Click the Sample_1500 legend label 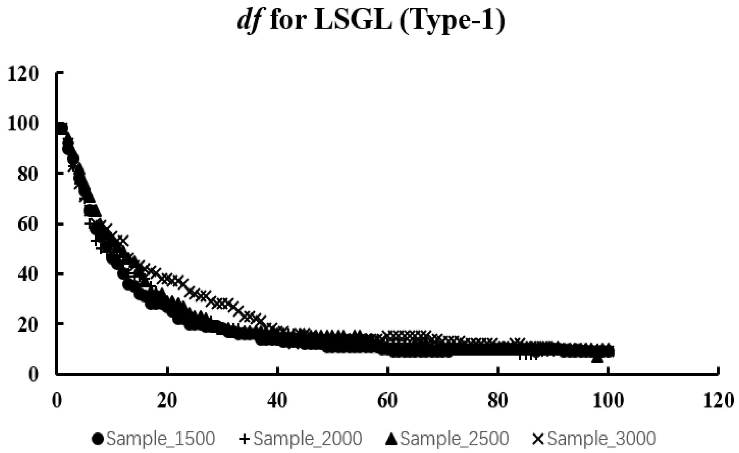tap(161, 439)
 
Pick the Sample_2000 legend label tap(308, 439)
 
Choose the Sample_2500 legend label tap(455, 439)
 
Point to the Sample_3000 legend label tap(602, 439)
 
